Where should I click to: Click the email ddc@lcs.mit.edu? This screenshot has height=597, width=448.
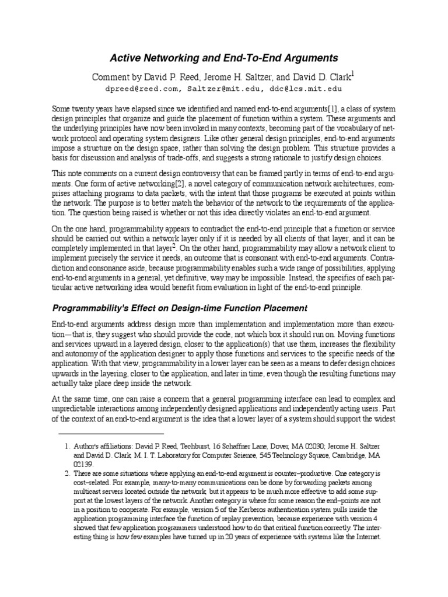click(x=305, y=89)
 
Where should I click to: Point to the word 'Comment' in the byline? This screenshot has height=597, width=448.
click(x=108, y=76)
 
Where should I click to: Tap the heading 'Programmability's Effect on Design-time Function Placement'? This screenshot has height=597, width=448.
click(x=180, y=307)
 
